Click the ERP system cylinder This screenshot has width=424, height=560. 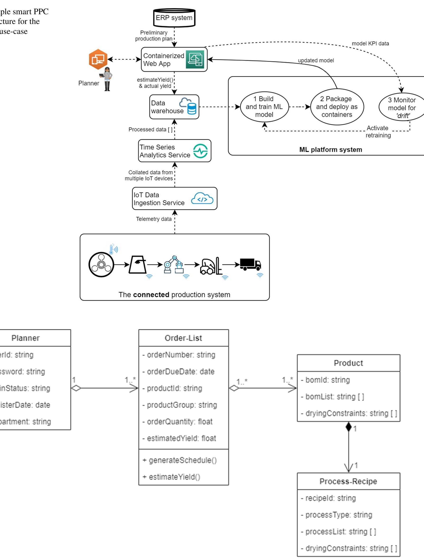pos(174,18)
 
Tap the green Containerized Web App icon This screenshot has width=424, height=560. pos(195,59)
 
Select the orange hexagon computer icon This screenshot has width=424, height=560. pos(98,59)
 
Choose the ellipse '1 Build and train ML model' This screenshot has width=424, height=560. pos(264,106)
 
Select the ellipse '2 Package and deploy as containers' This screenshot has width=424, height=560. pos(337,106)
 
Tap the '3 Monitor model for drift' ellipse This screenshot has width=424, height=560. pos(402,108)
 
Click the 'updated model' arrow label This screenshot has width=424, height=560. pos(316,60)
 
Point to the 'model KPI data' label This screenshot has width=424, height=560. pos(370,44)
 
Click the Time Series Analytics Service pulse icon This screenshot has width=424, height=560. pos(200,151)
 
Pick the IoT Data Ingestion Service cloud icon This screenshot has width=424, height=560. pos(202,199)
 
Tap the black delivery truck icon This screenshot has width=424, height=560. pos(250,264)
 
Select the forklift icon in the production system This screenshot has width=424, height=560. pos(211,266)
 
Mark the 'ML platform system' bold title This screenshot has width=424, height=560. pos(331,150)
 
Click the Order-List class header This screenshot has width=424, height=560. pos(183,338)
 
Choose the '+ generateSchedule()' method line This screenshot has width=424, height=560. pos(180,460)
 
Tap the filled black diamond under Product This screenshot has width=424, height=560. pos(349,427)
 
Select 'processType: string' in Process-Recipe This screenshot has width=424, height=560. pos(337,515)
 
